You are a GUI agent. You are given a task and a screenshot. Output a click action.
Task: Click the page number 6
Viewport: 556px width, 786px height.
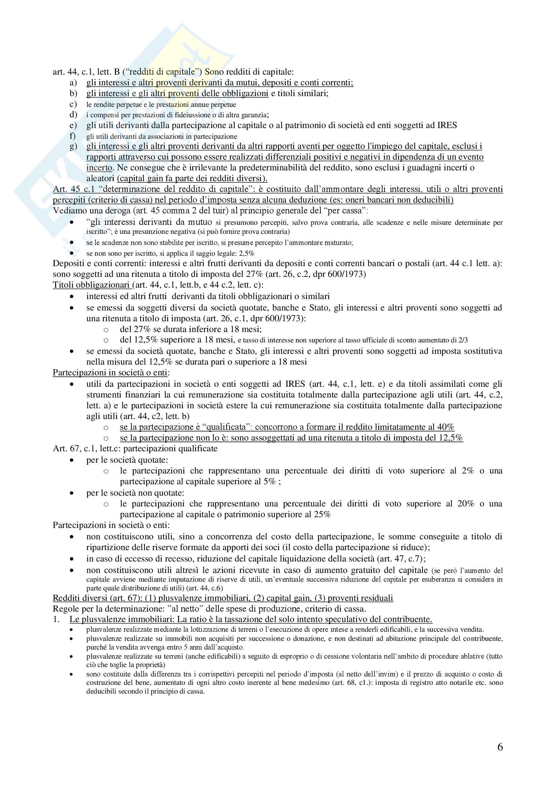500,747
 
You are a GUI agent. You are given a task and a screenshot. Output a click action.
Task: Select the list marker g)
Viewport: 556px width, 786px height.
73,146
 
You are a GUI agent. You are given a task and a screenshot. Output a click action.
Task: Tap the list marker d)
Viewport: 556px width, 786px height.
73,114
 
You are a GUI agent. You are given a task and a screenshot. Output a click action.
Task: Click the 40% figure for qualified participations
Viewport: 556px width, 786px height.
446,427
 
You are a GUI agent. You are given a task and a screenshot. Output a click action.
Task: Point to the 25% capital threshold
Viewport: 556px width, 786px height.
322,514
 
